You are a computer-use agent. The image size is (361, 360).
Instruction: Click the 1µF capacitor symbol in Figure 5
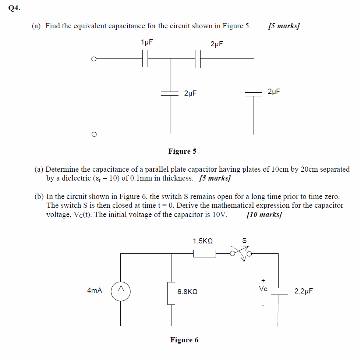145,58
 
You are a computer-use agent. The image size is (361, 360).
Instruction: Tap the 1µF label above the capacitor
147,42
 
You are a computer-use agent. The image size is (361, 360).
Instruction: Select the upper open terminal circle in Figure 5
94,58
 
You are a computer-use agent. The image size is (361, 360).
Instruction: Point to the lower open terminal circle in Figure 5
94,134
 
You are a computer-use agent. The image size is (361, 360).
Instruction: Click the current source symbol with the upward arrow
121,291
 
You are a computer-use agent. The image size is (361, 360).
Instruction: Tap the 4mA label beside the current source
95,291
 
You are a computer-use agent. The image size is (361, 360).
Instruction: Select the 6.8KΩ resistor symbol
171,293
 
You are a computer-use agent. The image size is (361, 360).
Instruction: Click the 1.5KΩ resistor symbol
204,253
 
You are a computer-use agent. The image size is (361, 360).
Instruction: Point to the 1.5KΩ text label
203,241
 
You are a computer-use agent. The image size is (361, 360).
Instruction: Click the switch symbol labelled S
240,253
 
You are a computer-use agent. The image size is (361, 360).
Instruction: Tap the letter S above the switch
244,241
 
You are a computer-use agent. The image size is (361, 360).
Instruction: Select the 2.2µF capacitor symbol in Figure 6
278,291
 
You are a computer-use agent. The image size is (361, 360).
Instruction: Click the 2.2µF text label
304,291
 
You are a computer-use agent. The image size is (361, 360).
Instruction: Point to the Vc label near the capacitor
263,289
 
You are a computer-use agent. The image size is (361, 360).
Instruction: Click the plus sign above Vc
263,280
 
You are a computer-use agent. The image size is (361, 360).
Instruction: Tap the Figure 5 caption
182,151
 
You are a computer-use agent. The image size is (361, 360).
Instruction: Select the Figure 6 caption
184,340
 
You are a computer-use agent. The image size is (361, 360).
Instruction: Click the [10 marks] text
264,215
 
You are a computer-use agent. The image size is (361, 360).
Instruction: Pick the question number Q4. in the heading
14,9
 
